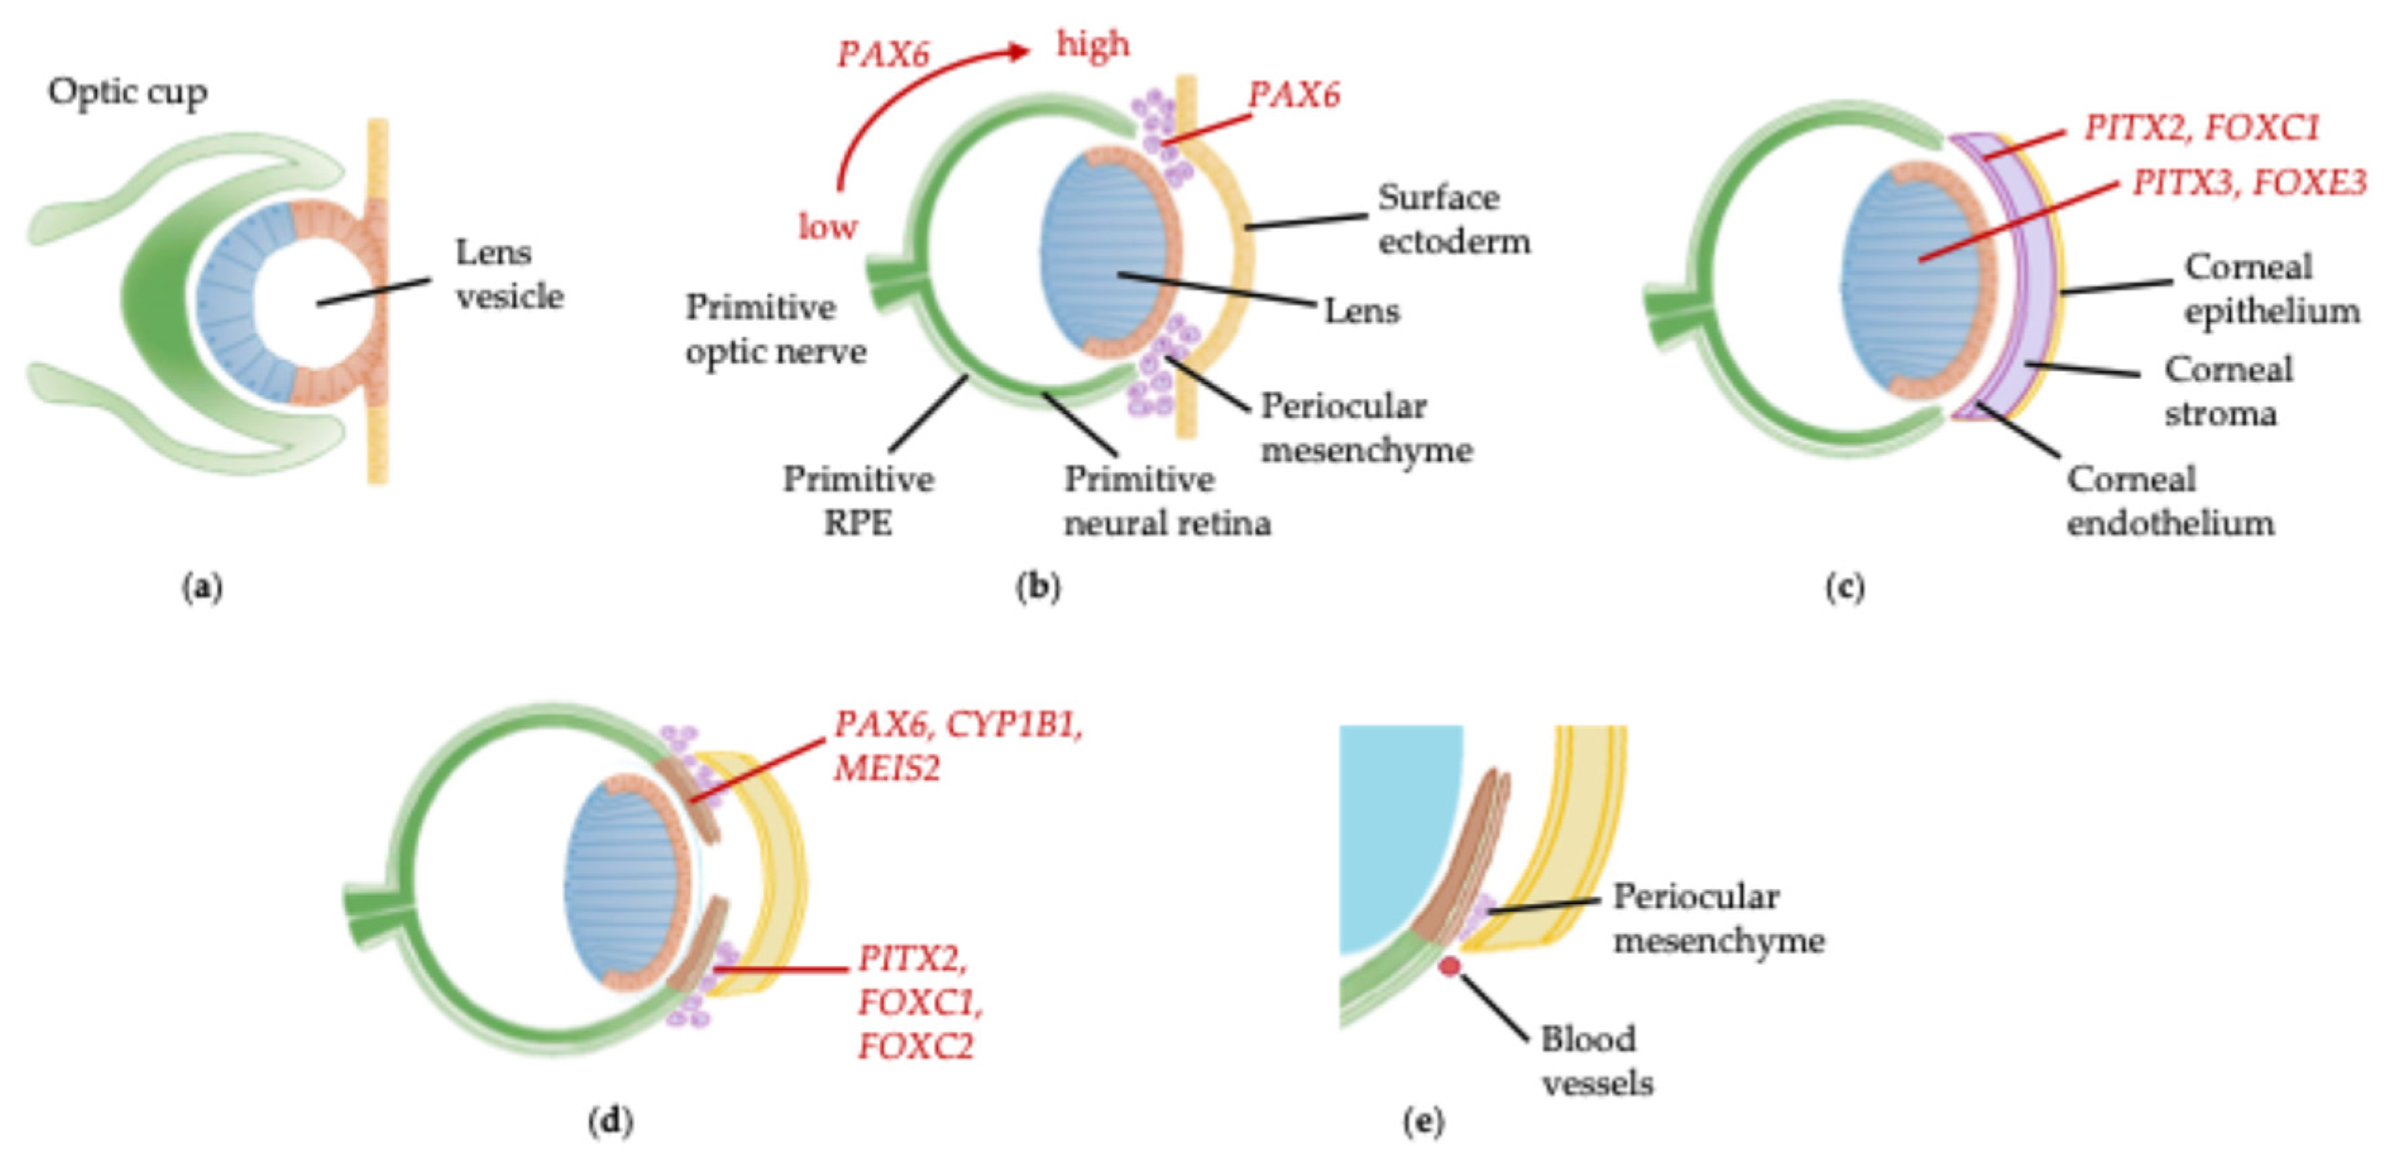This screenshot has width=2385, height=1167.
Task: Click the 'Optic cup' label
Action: tap(128, 92)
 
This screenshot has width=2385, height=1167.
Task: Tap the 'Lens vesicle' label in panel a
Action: tap(508, 274)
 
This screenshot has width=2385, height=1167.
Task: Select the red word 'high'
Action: tap(1092, 44)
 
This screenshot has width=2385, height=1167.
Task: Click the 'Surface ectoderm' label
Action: tap(1453, 220)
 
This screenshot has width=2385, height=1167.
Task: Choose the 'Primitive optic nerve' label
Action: tap(776, 329)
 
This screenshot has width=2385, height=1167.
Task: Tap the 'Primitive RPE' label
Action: tap(859, 501)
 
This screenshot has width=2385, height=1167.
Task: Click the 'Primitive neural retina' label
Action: tap(1166, 501)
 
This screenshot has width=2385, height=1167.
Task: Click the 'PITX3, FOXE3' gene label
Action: tap(2249, 183)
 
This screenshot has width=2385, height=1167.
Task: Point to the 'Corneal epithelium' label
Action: tap(2271, 289)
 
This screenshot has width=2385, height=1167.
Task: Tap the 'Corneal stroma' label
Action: tap(2227, 391)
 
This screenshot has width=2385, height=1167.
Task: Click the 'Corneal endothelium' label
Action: tap(2169, 501)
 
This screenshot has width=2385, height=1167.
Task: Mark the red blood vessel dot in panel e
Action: tap(1450, 967)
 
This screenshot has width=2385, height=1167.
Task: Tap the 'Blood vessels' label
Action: tap(1595, 1060)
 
